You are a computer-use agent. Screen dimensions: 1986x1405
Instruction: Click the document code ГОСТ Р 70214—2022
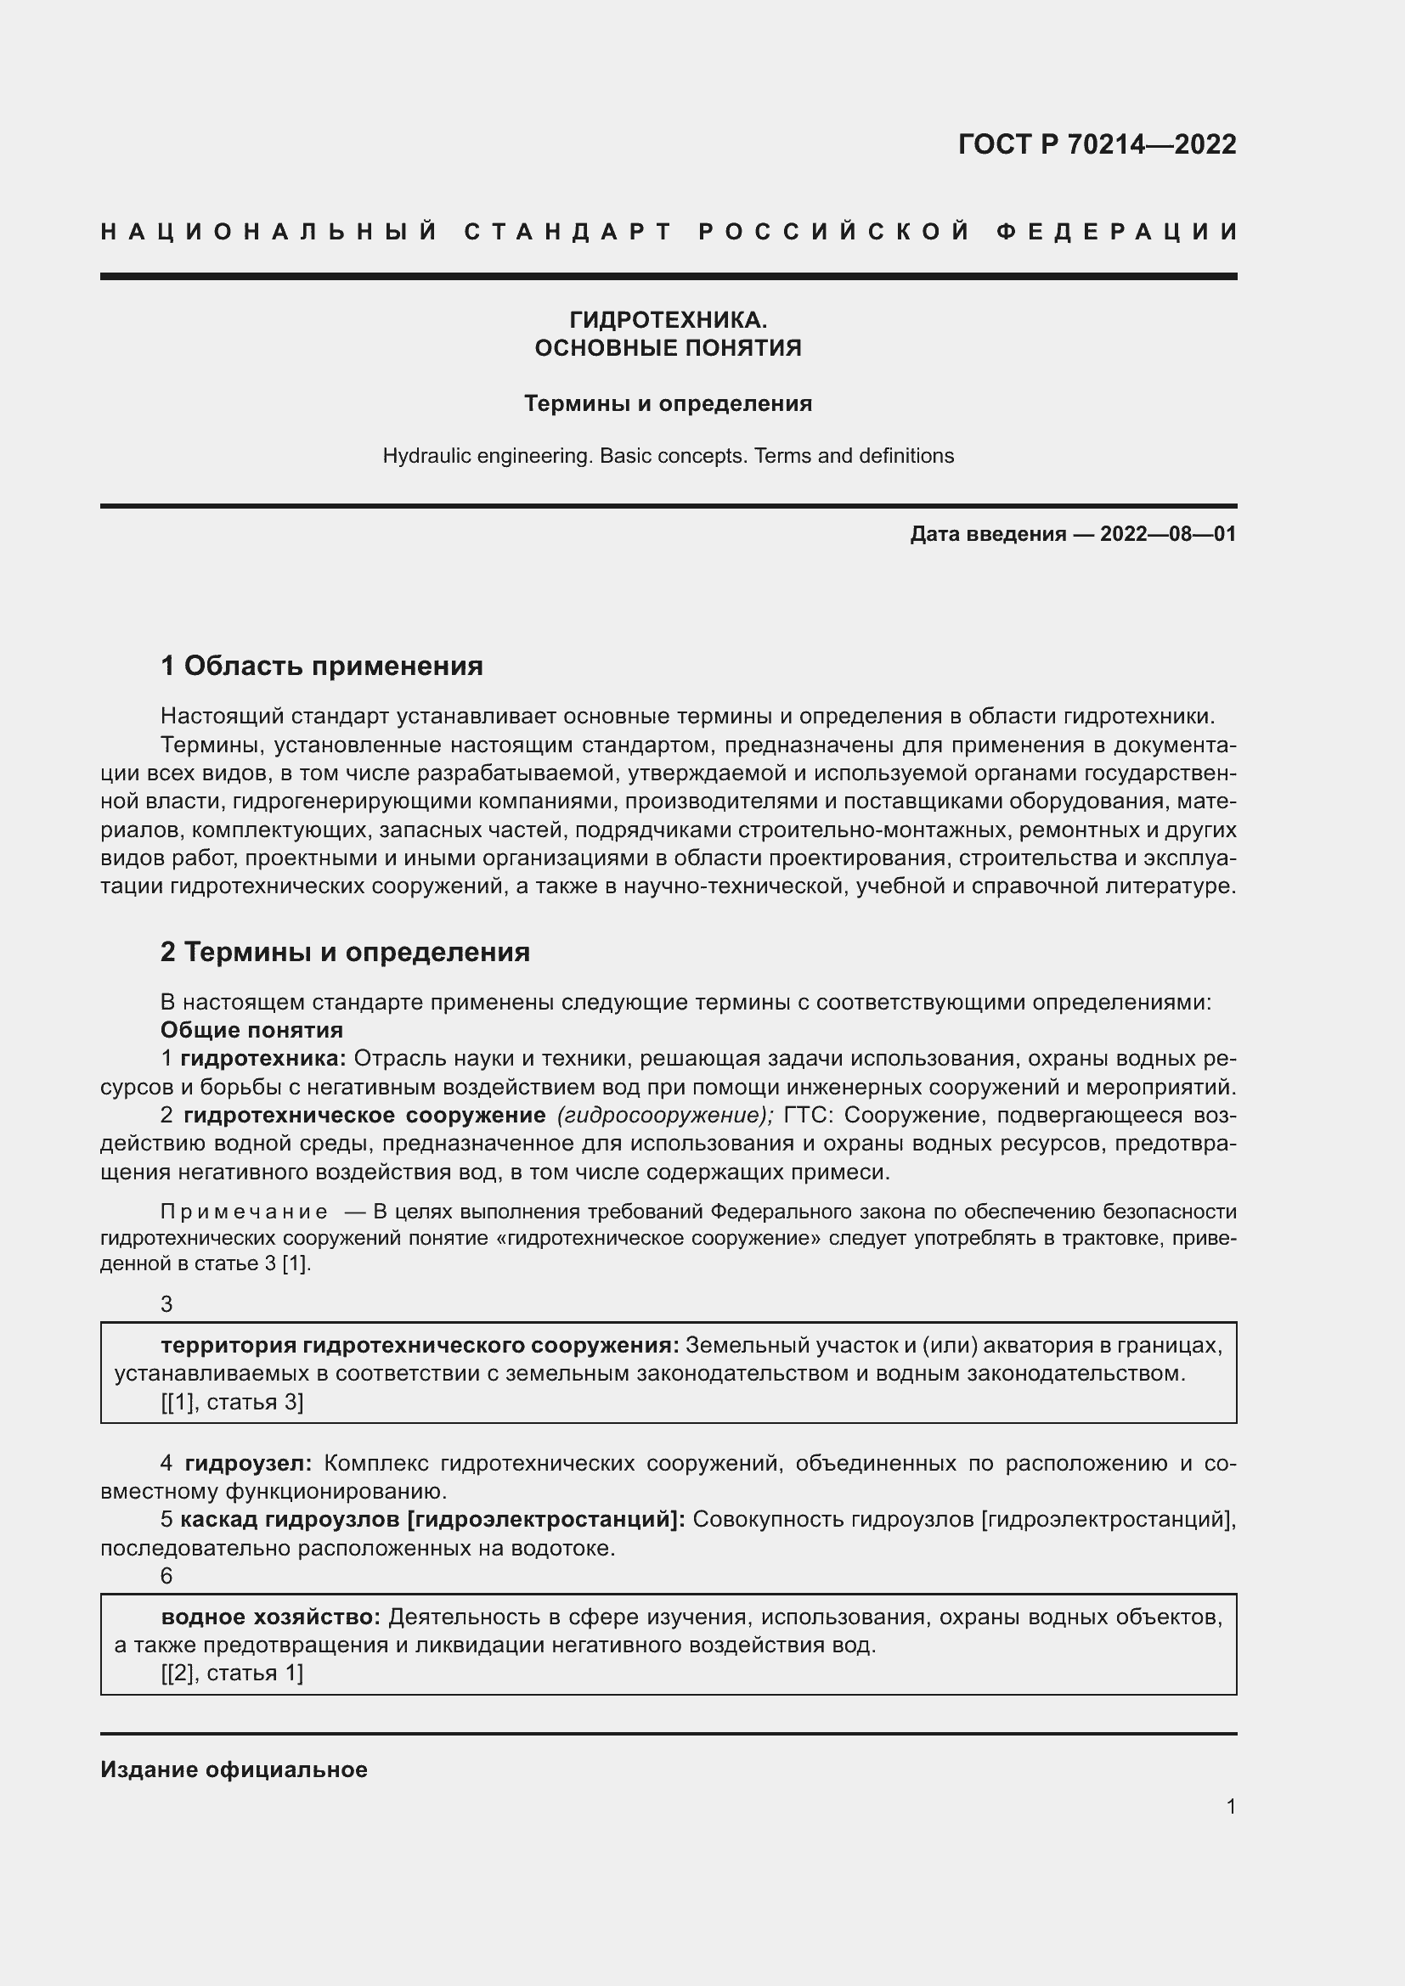click(x=1096, y=144)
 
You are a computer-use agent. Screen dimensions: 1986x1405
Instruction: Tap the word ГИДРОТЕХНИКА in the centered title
click(x=667, y=320)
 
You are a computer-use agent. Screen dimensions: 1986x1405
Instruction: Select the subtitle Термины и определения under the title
click(x=668, y=404)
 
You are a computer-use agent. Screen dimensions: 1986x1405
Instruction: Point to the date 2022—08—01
click(x=1168, y=534)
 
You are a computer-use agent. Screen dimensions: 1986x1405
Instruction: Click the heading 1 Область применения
click(x=321, y=666)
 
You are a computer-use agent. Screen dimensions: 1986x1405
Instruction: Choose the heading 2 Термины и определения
click(x=344, y=953)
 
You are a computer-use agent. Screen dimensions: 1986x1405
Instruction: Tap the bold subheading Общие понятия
click(x=251, y=1030)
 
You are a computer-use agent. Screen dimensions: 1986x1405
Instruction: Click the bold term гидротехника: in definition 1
click(x=263, y=1059)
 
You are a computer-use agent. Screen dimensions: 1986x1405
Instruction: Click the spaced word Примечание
click(x=244, y=1212)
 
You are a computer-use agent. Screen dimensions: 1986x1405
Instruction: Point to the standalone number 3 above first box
click(x=167, y=1304)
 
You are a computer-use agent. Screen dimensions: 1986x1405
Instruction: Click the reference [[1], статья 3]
click(x=232, y=1402)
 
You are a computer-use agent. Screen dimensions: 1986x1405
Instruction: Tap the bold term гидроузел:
click(x=248, y=1464)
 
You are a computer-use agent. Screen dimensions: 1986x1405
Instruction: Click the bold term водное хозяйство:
click(x=271, y=1617)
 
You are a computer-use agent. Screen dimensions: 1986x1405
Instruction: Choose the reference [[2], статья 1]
click(x=232, y=1673)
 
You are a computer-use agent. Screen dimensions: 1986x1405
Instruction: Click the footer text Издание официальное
click(x=234, y=1769)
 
